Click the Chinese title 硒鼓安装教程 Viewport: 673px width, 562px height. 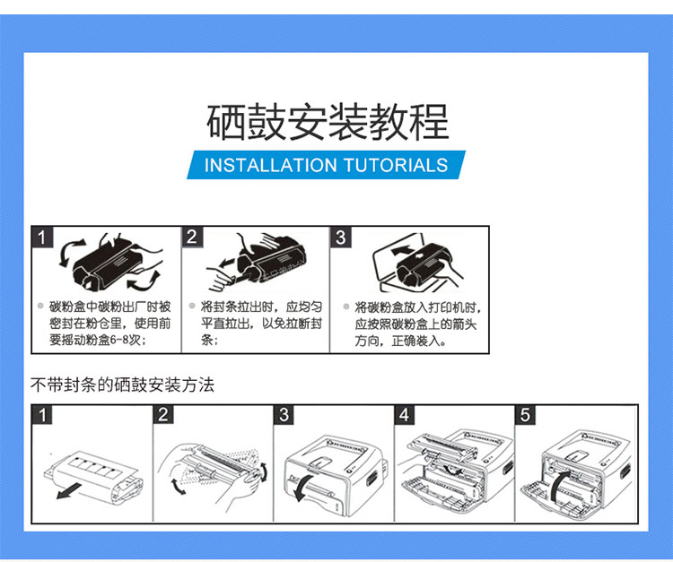pos(328,122)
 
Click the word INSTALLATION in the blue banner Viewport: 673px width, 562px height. pos(271,165)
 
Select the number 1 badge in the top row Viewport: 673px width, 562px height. pos(42,237)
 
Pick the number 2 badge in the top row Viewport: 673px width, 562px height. pos(192,237)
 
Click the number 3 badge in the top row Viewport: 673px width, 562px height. pos(341,237)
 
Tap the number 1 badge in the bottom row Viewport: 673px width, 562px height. pos(42,414)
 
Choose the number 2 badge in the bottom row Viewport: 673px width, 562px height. pos(163,414)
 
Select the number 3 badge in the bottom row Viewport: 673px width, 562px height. pos(284,414)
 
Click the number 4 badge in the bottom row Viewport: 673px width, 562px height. pos(405,414)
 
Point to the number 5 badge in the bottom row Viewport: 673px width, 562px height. pos(525,414)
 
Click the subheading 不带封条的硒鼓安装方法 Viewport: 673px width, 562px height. pos(122,385)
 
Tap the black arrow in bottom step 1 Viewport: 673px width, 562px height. pos(69,491)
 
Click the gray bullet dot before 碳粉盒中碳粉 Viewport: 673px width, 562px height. pos(40,306)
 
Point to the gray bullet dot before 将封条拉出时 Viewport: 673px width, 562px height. pos(192,306)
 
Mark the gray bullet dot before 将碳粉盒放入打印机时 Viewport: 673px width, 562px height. pos(346,307)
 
